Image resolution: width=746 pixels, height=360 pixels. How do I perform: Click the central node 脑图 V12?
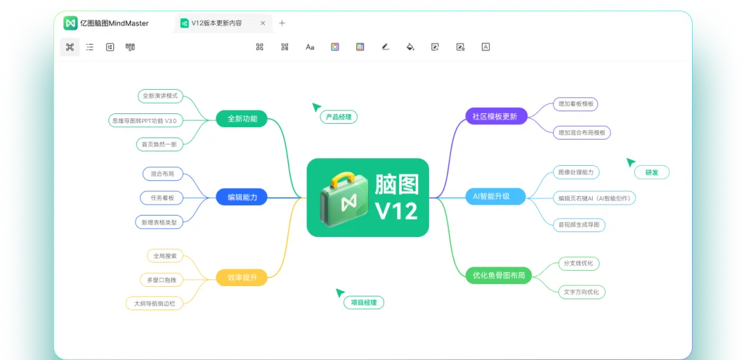point(367,198)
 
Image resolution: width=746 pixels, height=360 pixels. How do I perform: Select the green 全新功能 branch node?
point(242,119)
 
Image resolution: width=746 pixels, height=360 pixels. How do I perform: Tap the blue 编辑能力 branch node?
point(242,198)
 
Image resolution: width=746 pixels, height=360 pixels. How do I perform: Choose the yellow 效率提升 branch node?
point(242,277)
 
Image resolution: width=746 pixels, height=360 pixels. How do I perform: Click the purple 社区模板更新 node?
point(495,116)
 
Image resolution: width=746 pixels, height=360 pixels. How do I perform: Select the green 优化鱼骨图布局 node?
point(499,276)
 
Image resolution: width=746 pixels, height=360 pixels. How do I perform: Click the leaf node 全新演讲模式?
point(160,95)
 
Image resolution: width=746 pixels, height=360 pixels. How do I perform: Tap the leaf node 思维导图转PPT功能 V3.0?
point(144,120)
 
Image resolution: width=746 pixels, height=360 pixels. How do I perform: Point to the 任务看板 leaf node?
point(162,198)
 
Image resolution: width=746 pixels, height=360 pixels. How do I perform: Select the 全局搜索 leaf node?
point(165,256)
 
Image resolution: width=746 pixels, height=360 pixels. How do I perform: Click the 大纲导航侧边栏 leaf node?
point(155,303)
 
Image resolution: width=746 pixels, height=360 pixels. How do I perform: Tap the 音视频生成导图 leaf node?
point(580,225)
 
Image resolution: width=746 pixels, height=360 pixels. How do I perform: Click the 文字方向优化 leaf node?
point(582,292)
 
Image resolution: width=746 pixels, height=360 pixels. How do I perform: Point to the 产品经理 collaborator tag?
point(338,117)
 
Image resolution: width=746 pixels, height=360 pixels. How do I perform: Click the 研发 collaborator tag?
point(651,173)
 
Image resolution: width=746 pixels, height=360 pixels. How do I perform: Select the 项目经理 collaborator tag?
point(363,302)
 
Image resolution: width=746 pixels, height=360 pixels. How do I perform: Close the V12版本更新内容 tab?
point(262,23)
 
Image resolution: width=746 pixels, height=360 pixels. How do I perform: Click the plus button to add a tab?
point(282,23)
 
